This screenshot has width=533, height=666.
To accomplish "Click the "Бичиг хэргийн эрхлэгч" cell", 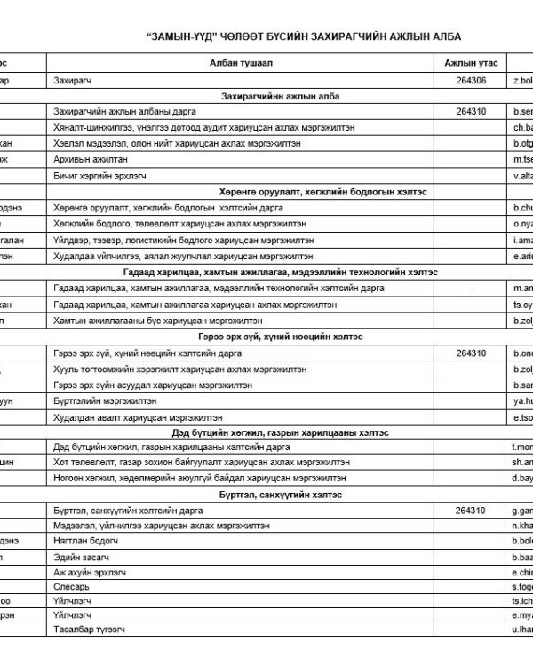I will click(x=107, y=176).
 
